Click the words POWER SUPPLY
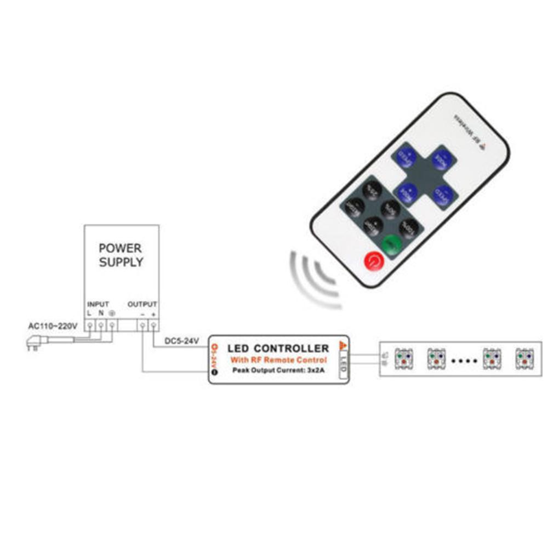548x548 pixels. pyautogui.click(x=121, y=255)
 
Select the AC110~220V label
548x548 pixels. pyautogui.click(x=53, y=326)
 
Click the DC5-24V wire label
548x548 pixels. pyautogui.click(x=182, y=341)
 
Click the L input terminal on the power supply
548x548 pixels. pyautogui.click(x=90, y=326)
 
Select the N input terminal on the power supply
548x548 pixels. pyautogui.click(x=101, y=326)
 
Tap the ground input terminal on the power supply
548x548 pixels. pyautogui.click(x=112, y=326)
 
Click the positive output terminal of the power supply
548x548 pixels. pyautogui.click(x=154, y=326)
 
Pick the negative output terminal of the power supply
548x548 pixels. pyautogui.click(x=142, y=326)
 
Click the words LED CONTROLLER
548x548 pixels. pyautogui.click(x=278, y=349)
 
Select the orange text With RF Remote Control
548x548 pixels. pyautogui.click(x=278, y=360)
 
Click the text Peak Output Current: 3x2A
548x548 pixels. pyautogui.click(x=278, y=371)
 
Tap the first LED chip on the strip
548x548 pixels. pyautogui.click(x=404, y=358)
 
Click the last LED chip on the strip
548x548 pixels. pyautogui.click(x=524, y=358)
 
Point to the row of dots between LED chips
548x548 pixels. pyautogui.click(x=464, y=361)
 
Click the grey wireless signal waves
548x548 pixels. pyautogui.click(x=312, y=277)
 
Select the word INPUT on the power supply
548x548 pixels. pyautogui.click(x=98, y=304)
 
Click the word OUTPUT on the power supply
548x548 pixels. pyautogui.click(x=142, y=304)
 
